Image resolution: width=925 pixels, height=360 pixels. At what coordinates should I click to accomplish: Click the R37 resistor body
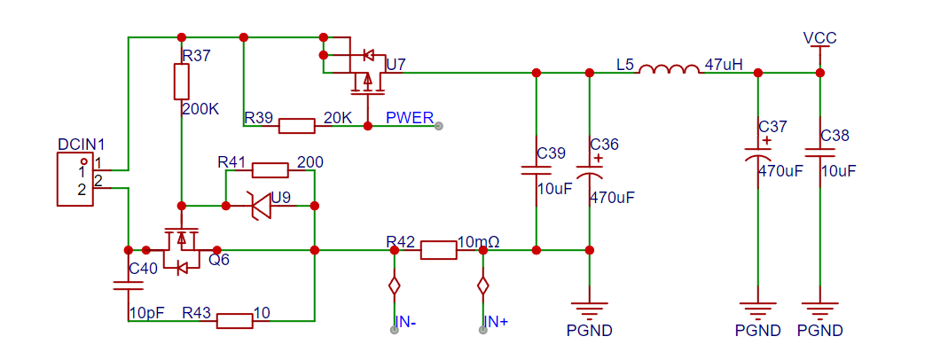(182, 82)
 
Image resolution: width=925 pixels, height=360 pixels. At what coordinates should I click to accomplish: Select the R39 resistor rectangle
(296, 126)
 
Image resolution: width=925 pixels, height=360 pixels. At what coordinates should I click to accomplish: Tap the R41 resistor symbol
(270, 170)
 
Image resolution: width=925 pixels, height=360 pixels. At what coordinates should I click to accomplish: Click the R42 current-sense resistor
(438, 250)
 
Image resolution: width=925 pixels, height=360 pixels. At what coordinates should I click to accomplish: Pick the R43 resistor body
(235, 320)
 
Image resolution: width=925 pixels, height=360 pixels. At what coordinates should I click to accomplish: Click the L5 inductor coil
(669, 69)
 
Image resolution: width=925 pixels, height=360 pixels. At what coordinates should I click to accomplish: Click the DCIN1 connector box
(75, 179)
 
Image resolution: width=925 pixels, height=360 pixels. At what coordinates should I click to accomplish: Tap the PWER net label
(410, 117)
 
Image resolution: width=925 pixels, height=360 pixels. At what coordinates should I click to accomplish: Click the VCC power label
(820, 38)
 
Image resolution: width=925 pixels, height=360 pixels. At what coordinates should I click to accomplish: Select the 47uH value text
(724, 65)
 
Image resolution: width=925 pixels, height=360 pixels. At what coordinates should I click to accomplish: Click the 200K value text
(201, 109)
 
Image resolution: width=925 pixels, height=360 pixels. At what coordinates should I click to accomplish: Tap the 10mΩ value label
(479, 241)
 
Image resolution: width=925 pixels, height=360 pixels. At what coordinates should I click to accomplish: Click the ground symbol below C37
(758, 309)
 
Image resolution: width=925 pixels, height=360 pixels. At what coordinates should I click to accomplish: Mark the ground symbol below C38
(820, 309)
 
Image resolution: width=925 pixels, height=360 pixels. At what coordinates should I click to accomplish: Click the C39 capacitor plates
(537, 170)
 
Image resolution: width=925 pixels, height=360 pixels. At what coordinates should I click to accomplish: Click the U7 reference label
(396, 65)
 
